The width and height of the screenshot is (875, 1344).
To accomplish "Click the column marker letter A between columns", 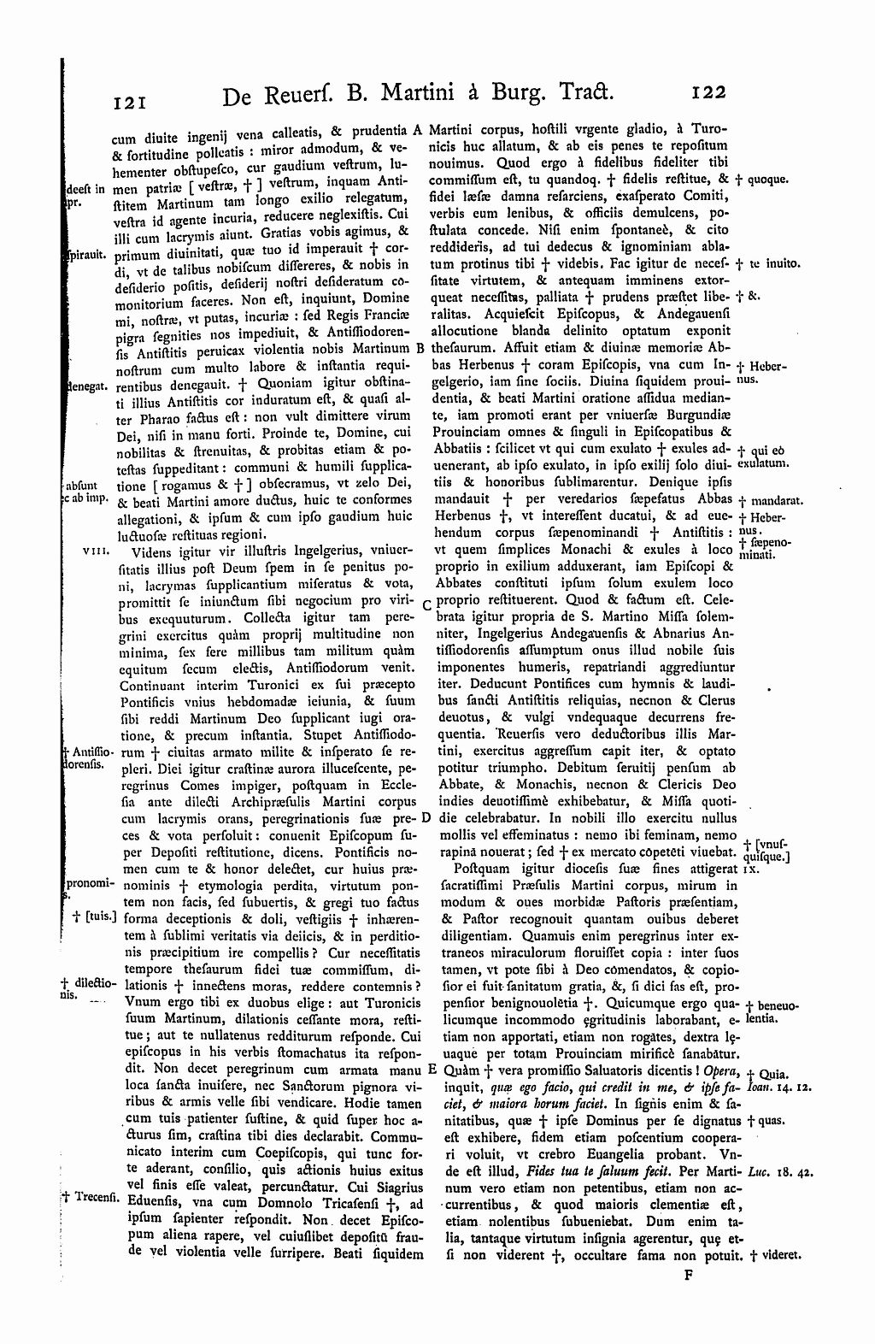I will [x=418, y=131].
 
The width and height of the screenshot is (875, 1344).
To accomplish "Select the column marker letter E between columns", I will [x=432, y=1070].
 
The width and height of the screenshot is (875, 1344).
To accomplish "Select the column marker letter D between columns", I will [x=426, y=818].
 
